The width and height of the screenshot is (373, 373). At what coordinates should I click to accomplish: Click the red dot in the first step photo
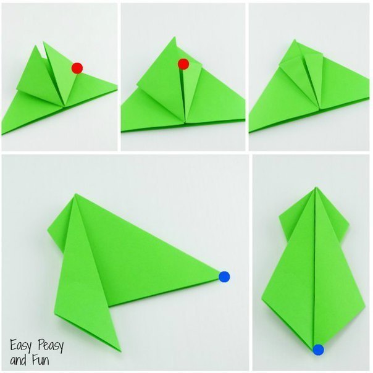(77, 69)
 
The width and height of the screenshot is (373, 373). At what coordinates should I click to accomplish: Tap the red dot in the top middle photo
(183, 64)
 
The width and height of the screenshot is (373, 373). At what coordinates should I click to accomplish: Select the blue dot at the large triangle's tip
(224, 277)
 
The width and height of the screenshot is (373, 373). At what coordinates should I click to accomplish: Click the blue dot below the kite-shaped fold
(318, 350)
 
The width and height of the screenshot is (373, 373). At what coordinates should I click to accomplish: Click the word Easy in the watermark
(20, 346)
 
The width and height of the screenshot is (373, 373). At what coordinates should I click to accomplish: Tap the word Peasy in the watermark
(51, 346)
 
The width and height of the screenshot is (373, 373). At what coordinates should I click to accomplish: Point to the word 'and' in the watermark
(18, 360)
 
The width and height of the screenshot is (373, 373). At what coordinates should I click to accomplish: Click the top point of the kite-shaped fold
(316, 188)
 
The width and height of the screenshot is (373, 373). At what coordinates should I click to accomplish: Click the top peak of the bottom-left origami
(75, 195)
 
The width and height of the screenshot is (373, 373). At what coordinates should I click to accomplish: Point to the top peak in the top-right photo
(295, 40)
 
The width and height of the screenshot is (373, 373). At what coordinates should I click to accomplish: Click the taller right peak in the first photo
(44, 43)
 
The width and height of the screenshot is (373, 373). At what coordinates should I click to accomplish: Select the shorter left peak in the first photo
(36, 46)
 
